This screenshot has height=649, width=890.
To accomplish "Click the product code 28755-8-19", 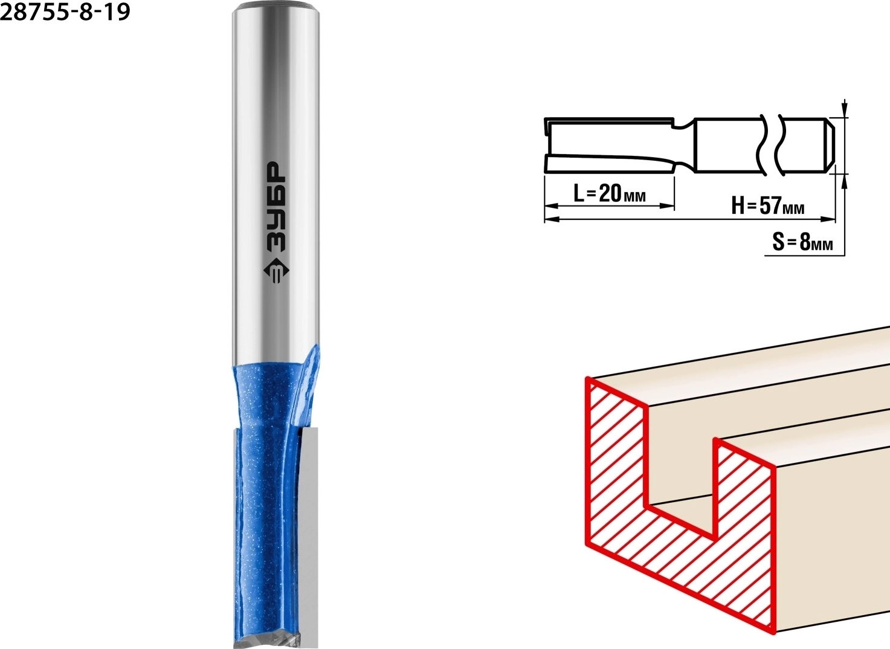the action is [x=66, y=12].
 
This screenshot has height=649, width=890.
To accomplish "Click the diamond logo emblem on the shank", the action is [x=276, y=273].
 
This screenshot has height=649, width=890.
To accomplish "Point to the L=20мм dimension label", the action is [x=609, y=193].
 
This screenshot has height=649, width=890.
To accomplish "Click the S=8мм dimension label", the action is [x=802, y=242].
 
